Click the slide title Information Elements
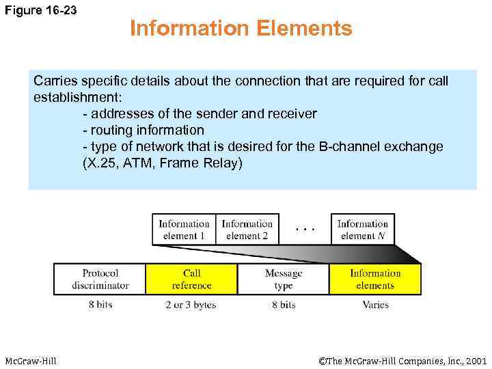(241, 29)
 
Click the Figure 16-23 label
(42, 12)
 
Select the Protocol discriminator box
(100, 279)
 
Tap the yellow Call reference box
(191, 279)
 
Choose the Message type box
(283, 279)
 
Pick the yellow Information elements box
(375, 279)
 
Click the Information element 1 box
(184, 230)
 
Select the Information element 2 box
(247, 230)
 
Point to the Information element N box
(362, 230)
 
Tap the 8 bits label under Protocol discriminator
(100, 305)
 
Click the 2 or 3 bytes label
(191, 305)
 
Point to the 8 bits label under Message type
(283, 305)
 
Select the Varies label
(375, 305)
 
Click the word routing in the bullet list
(111, 130)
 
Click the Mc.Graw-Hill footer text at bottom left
(31, 360)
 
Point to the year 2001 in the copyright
(474, 360)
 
